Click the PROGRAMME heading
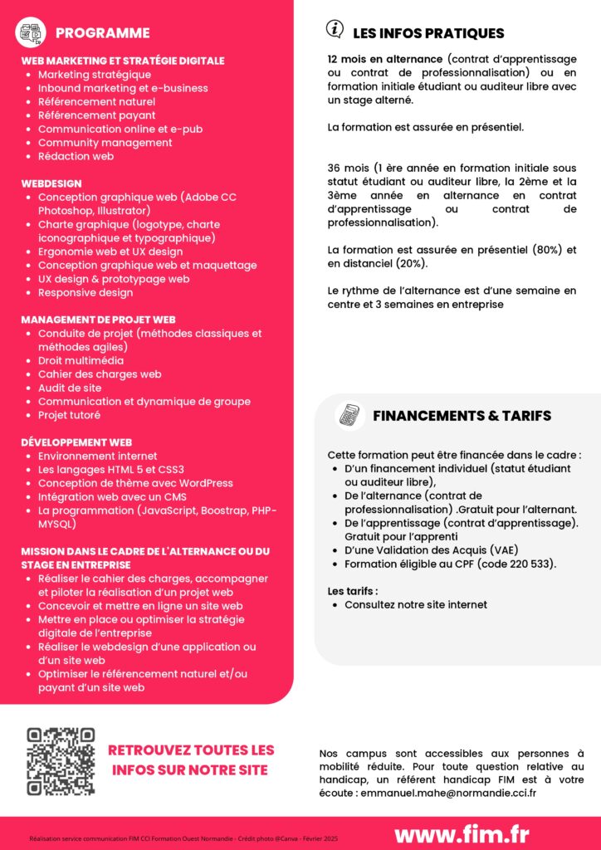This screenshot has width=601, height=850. pyautogui.click(x=102, y=33)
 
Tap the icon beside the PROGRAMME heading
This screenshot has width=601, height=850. pyautogui.click(x=32, y=33)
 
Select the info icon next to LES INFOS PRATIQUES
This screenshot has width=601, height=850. pyautogui.click(x=335, y=29)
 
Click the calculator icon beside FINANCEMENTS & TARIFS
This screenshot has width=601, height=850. pyautogui.click(x=349, y=415)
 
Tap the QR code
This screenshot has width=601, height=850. pyautogui.click(x=61, y=762)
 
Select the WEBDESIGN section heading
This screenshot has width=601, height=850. pyautogui.click(x=51, y=183)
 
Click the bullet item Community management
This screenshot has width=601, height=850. pyautogui.click(x=105, y=143)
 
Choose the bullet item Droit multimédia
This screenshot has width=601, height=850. pyautogui.click(x=81, y=361)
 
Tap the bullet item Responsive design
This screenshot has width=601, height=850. pyautogui.click(x=86, y=293)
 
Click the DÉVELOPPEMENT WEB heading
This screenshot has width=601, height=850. pyautogui.click(x=76, y=442)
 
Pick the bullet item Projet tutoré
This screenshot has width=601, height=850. pyautogui.click(x=69, y=415)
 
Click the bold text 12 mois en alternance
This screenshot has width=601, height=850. pyautogui.click(x=385, y=61)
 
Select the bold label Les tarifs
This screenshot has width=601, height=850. pyautogui.click(x=353, y=591)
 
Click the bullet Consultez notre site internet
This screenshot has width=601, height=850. pyautogui.click(x=415, y=605)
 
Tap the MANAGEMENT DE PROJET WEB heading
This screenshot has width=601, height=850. pyautogui.click(x=98, y=320)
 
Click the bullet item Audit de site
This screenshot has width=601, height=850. pyautogui.click(x=70, y=388)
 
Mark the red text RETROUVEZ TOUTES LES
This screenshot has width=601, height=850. pyautogui.click(x=191, y=750)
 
